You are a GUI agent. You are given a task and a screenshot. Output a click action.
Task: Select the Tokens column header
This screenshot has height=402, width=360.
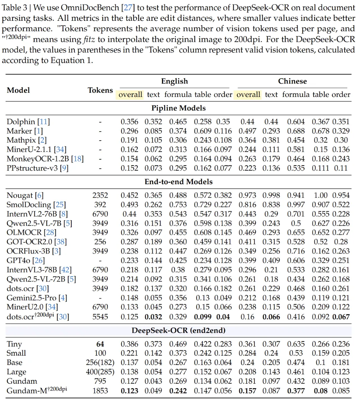(x=100, y=90)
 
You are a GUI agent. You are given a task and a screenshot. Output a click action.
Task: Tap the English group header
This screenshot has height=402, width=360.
(x=174, y=81)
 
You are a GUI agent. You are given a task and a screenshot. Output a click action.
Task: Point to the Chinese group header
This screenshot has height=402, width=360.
(x=292, y=81)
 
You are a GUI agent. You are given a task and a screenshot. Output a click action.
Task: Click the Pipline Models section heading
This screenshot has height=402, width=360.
(x=178, y=108)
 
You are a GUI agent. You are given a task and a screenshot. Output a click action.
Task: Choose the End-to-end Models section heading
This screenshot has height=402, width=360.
(x=178, y=182)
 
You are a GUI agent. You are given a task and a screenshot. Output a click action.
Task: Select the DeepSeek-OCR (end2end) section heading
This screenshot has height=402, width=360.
(x=178, y=331)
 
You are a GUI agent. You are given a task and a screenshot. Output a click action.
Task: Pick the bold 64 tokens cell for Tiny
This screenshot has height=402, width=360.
(x=100, y=344)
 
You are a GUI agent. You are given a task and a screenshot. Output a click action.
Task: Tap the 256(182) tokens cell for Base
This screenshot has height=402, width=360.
(x=100, y=363)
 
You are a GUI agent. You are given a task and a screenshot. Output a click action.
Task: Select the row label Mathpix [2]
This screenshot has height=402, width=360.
(x=26, y=141)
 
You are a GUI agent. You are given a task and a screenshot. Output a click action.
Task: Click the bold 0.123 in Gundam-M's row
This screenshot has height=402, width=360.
(x=129, y=391)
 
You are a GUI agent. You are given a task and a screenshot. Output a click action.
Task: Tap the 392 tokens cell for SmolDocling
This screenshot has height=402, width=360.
(x=100, y=205)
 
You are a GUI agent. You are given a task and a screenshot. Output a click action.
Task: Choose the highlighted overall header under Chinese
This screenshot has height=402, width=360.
(x=248, y=95)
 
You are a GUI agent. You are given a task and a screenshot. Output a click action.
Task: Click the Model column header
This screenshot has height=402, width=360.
(x=18, y=90)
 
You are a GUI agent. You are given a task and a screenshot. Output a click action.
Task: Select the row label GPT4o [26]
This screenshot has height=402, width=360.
(x=26, y=260)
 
